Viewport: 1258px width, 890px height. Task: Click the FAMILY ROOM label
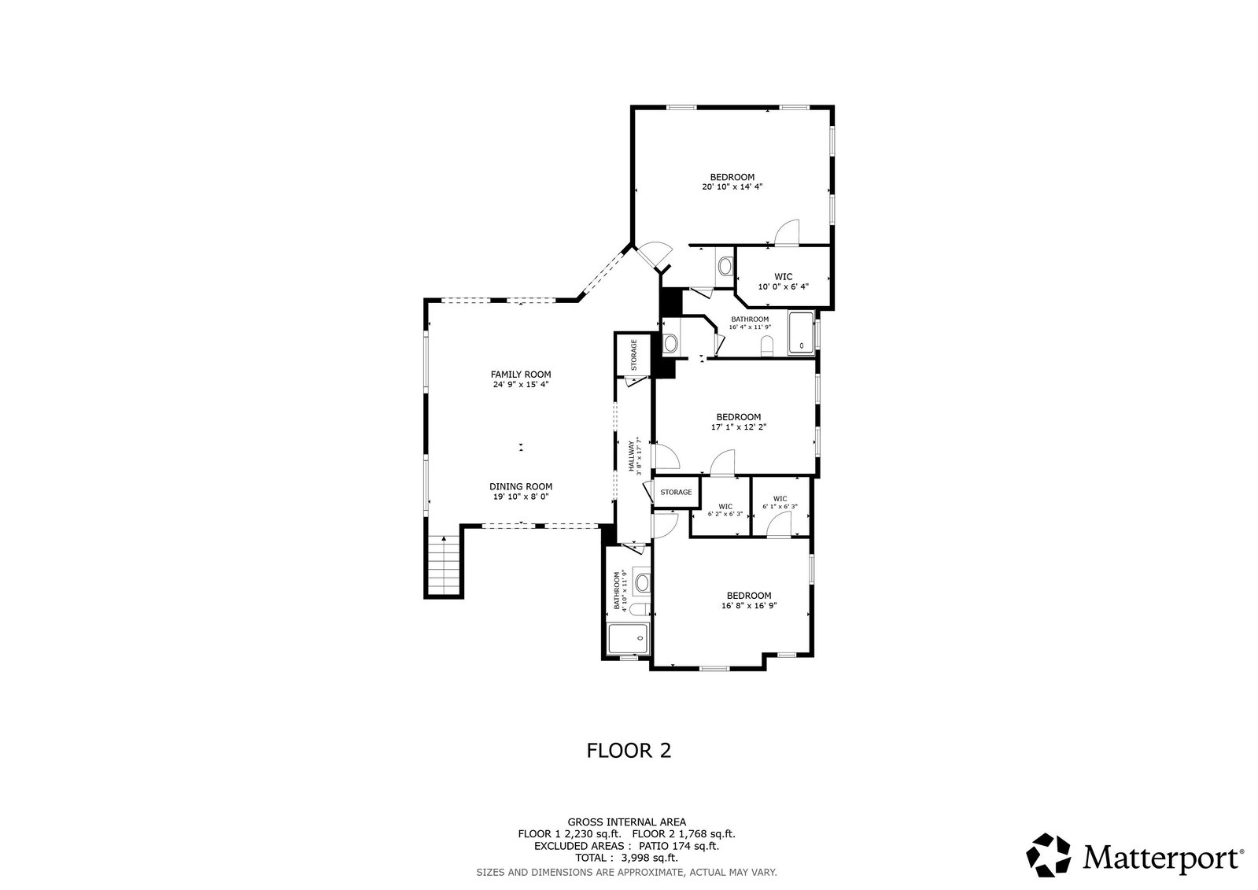click(x=521, y=375)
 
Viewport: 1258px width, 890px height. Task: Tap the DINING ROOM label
click(x=521, y=486)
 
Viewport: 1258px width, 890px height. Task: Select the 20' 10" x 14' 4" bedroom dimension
click(x=732, y=187)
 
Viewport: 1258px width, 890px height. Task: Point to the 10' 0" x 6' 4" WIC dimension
click(x=784, y=286)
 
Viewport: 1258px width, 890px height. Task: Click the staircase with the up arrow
click(x=445, y=566)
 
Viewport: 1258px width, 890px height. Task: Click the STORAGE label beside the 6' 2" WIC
click(x=676, y=492)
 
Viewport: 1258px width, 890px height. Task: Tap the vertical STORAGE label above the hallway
click(x=634, y=355)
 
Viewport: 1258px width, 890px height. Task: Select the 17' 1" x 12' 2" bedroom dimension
click(x=739, y=427)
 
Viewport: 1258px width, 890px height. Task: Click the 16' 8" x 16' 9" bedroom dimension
click(x=749, y=606)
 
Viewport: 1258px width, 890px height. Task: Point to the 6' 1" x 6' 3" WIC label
click(x=780, y=502)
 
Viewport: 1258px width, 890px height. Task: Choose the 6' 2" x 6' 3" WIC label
click(x=725, y=510)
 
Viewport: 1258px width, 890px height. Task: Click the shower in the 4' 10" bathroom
click(x=629, y=638)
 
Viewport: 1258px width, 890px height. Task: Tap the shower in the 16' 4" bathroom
click(x=802, y=333)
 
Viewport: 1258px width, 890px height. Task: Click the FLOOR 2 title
click(x=629, y=751)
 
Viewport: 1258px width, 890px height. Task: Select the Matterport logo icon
click(x=1049, y=855)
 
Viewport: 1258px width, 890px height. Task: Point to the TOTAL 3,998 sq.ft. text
click(x=626, y=858)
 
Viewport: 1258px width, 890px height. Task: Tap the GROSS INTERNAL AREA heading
click(x=627, y=822)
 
